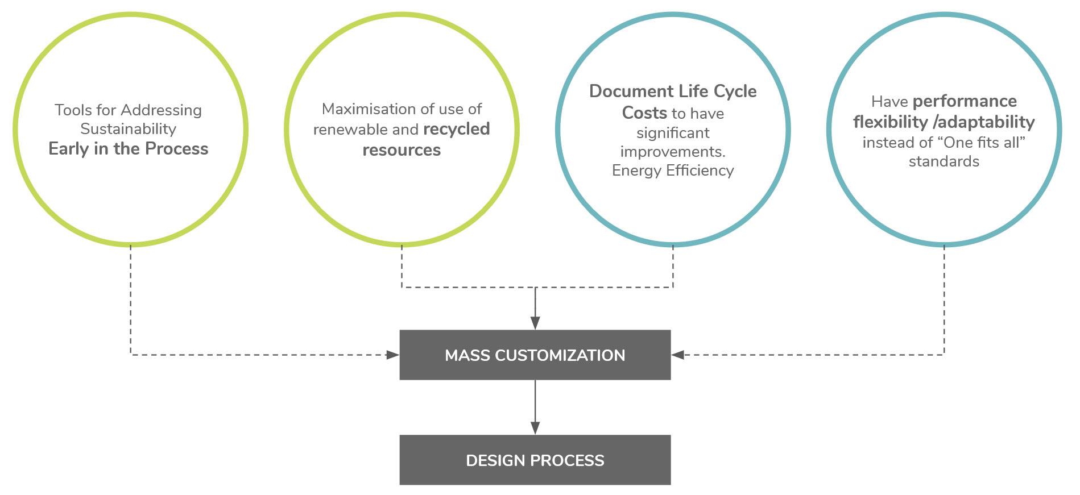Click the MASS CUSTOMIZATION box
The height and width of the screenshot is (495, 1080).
[x=535, y=355]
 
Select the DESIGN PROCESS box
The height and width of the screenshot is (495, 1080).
[x=535, y=460]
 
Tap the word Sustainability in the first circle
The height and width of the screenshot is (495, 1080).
[x=129, y=129]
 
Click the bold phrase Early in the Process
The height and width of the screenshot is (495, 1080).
[x=129, y=149]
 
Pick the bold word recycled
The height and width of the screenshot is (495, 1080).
[x=456, y=129]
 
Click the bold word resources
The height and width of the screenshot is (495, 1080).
[x=402, y=150]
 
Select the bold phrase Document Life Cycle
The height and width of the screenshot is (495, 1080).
[x=673, y=91]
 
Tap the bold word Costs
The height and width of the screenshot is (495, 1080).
[x=644, y=113]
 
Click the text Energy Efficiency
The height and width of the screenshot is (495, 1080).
[x=673, y=170]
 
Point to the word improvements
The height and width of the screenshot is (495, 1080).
[x=673, y=152]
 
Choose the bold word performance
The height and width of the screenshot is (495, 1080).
[x=965, y=101]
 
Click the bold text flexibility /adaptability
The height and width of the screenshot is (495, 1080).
[x=944, y=122]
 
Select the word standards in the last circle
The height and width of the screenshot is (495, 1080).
[x=944, y=162]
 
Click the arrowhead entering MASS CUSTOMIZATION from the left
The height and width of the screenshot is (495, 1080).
[x=393, y=355]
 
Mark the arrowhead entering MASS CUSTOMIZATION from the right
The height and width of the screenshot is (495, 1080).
[x=678, y=355]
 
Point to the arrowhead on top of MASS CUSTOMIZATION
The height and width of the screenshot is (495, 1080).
[x=535, y=323]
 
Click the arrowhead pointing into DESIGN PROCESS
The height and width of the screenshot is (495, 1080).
[x=535, y=428]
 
